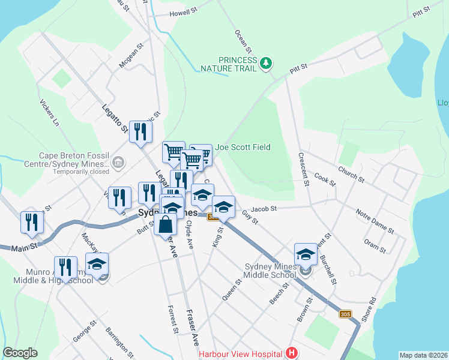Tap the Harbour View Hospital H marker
tap(292, 353)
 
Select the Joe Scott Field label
tap(243, 147)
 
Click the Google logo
tap(20, 353)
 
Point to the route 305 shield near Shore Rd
tap(345, 314)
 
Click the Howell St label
tap(183, 12)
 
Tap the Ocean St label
tap(243, 41)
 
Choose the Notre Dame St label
tap(375, 221)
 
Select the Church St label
tap(351, 175)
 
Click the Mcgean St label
tap(131, 55)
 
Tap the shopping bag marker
tap(166, 226)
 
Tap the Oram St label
tap(375, 245)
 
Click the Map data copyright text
tap(423, 355)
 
